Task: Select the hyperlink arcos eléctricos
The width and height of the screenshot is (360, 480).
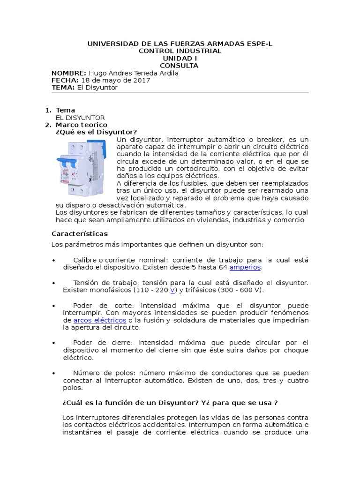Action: coord(100,320)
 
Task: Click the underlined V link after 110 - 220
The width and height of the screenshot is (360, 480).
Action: coord(172,290)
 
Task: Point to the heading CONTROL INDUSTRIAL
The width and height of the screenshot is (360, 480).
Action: coord(180,51)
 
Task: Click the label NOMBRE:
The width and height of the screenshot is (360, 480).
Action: coord(69,73)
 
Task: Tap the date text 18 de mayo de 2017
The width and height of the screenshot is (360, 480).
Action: coord(116,80)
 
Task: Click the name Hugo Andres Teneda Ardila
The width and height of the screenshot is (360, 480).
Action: coord(134,73)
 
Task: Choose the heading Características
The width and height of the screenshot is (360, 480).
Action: coord(79,233)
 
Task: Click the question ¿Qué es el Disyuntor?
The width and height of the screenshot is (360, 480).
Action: coord(96,132)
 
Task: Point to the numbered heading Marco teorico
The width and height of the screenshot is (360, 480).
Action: coord(82,125)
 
